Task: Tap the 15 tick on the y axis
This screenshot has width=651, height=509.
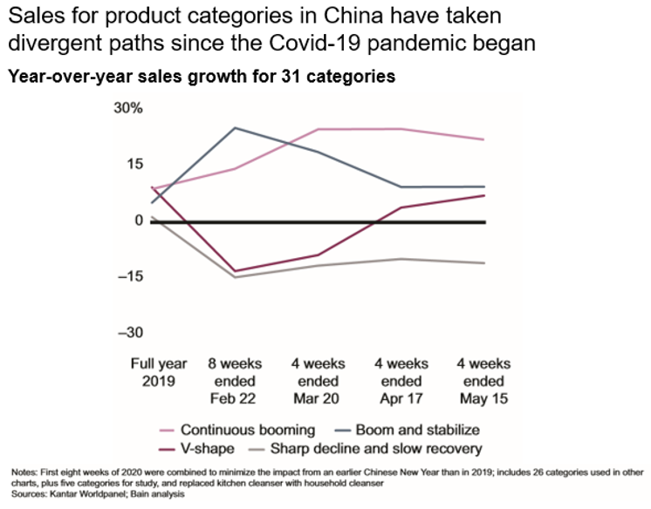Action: click(x=132, y=164)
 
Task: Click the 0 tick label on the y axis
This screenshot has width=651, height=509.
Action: click(x=138, y=221)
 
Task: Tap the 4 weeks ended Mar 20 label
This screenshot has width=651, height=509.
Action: click(x=317, y=381)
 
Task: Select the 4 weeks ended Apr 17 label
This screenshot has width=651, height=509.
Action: click(x=401, y=381)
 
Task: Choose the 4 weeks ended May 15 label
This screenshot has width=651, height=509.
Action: click(x=484, y=381)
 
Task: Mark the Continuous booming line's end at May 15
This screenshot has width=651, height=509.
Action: click(x=484, y=139)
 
